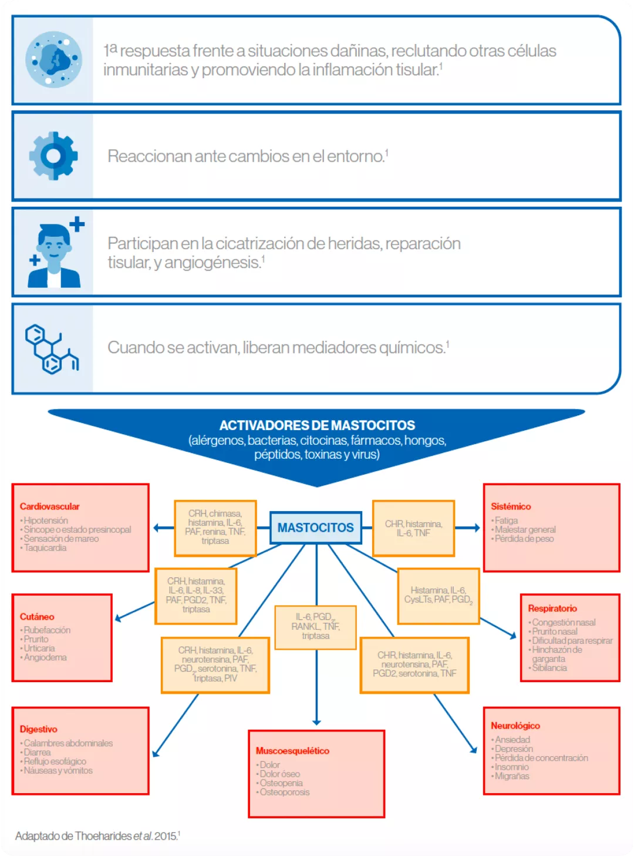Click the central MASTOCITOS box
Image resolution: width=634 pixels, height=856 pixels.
pos(316,528)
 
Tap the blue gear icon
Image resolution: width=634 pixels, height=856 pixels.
pos(53,156)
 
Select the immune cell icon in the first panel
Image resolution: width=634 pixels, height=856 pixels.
pos(53,60)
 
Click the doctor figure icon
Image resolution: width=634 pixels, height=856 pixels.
pos(54,253)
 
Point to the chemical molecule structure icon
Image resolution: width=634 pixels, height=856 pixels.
pos(52,349)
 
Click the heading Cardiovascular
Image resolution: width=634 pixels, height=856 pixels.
pos(49,506)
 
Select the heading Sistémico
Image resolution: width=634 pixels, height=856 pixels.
pos(511,506)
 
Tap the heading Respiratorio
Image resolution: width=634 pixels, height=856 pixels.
pos(552,609)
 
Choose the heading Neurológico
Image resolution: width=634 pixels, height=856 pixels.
pos(515,726)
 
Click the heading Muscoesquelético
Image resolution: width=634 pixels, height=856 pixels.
pos(292,751)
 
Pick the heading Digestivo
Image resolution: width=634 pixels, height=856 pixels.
pos(39,729)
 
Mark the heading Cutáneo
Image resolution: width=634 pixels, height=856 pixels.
pos(37,617)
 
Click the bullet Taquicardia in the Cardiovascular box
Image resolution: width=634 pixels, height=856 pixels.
pos(45,548)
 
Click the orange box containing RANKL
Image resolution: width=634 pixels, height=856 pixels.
pos(316,627)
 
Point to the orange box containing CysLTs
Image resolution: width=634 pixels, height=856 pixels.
pos(438,595)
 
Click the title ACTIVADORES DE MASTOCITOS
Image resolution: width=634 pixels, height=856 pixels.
pos(317,425)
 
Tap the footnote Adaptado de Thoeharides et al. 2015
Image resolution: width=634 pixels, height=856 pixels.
pos(97,836)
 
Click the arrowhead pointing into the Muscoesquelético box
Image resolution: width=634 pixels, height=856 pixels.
pos(316,722)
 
